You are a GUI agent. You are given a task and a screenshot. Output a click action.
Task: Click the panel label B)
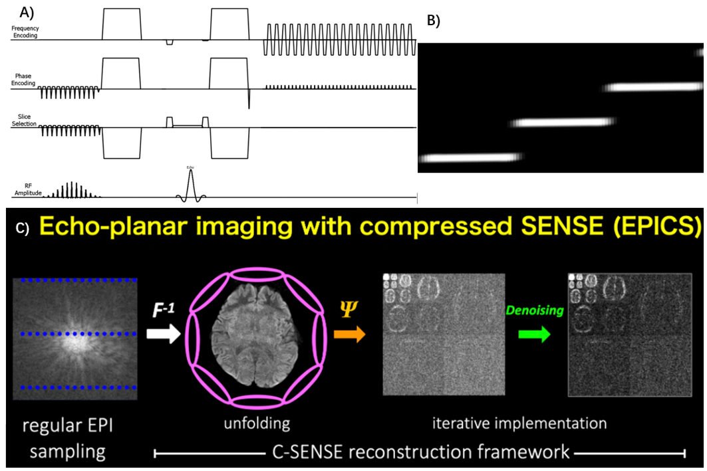coord(433,21)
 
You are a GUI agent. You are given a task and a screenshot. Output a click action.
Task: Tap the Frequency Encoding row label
coord(24,32)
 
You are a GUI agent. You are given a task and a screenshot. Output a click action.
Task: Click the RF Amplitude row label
coord(28,189)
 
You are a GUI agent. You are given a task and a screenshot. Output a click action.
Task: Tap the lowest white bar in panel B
coord(471,157)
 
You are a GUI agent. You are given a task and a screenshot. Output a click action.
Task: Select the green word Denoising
coord(535,311)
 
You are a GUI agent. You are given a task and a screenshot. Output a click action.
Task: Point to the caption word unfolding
coord(256,423)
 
